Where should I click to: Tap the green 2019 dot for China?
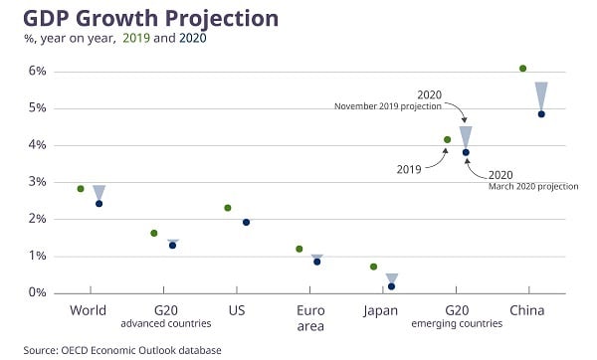[523, 69]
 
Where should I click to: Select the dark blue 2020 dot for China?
[541, 114]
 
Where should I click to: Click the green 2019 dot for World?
[81, 188]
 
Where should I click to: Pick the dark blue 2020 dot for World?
[99, 204]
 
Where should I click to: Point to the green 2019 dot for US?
[228, 208]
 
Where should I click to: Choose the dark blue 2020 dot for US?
[247, 222]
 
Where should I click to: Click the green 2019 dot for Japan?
[373, 267]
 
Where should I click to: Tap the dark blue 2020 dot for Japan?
[391, 286]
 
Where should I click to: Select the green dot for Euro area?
[298, 249]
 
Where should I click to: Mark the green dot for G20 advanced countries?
[154, 233]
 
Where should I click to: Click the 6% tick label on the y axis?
[38, 72]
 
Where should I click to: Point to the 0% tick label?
[38, 293]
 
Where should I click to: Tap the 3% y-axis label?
[38, 182]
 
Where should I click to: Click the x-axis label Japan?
[382, 310]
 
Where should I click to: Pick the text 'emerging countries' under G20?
[457, 324]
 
